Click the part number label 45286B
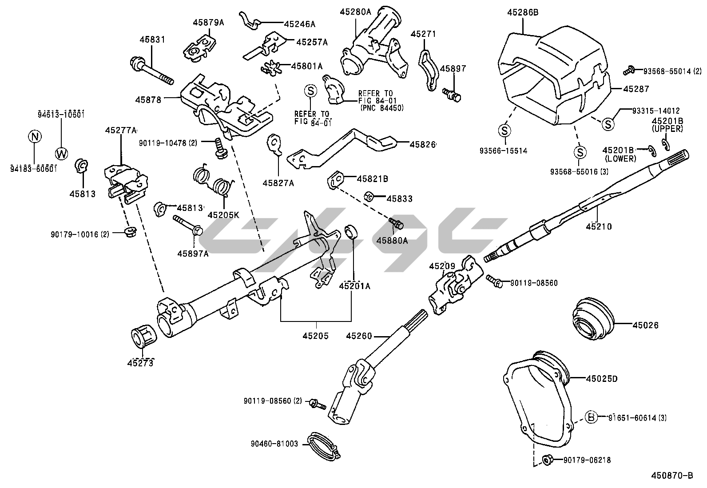coord(523,12)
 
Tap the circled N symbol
coord(35,136)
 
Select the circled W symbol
coord(62,154)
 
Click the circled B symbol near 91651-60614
coord(591,417)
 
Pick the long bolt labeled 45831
coord(151,71)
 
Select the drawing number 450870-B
coord(672,476)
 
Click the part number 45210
coord(598,226)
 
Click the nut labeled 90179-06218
coord(547,460)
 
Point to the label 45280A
coord(355,12)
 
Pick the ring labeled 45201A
coord(351,231)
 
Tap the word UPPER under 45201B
coord(667,129)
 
